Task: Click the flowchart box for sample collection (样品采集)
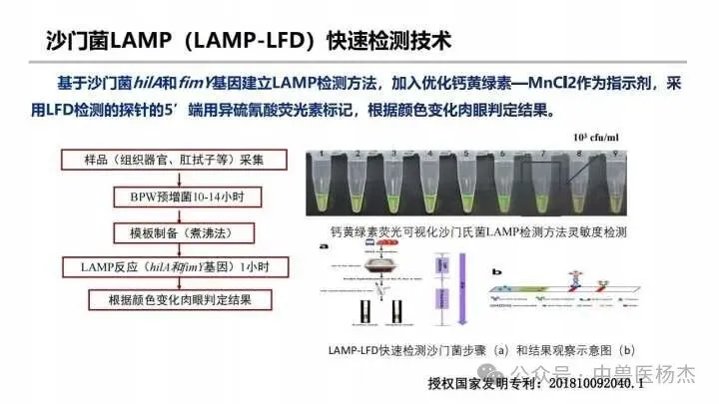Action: (174, 159)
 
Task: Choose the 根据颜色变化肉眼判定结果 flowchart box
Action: (174, 299)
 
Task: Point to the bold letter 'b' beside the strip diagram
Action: (496, 268)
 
